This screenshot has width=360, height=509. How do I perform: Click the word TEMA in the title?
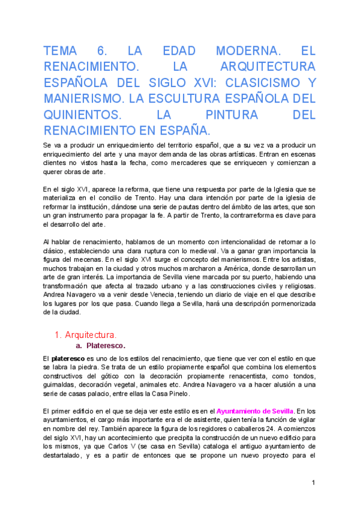click(x=62, y=52)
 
